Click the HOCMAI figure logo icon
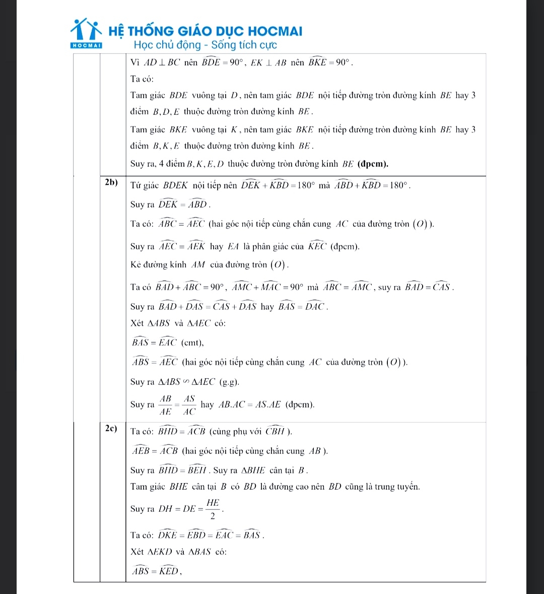(86, 31)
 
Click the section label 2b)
(111, 182)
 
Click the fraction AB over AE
(166, 405)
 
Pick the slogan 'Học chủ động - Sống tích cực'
(206, 45)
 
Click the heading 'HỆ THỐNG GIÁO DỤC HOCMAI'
(212, 31)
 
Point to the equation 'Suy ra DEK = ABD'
(170, 205)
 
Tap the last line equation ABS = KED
(156, 571)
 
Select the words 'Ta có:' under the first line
(142, 79)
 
